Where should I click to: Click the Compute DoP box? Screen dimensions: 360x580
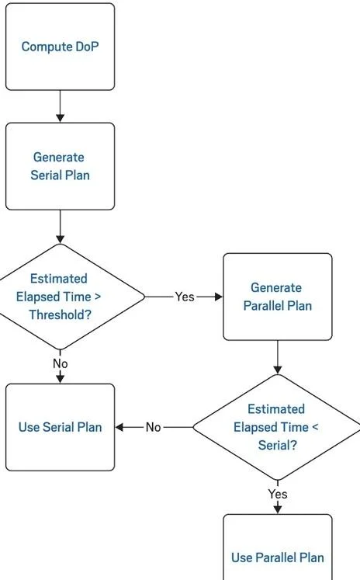(x=60, y=47)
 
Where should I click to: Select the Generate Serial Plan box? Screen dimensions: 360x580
(x=60, y=166)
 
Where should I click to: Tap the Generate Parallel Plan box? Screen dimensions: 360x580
(x=278, y=297)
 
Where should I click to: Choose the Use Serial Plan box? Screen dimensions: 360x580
(x=60, y=427)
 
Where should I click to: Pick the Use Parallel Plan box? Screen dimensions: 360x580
(x=278, y=547)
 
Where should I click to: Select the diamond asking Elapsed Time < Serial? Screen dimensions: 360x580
(x=277, y=427)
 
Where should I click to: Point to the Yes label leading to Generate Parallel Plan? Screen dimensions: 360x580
(x=185, y=297)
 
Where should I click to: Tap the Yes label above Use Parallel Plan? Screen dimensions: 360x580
(x=278, y=494)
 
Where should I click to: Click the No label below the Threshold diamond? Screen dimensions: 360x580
(x=61, y=363)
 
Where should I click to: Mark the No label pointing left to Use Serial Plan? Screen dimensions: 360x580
(x=154, y=427)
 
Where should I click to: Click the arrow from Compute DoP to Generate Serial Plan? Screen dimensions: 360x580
(x=60, y=106)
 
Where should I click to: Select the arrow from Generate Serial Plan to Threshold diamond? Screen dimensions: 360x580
(x=60, y=227)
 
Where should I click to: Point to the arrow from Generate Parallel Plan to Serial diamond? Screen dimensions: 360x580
(x=278, y=357)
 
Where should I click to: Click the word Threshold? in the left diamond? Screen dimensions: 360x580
(x=61, y=314)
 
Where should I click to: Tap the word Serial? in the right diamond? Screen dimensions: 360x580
(x=278, y=445)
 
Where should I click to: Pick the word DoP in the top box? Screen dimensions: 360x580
(x=87, y=47)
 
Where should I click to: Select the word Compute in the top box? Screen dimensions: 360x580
(x=47, y=47)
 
